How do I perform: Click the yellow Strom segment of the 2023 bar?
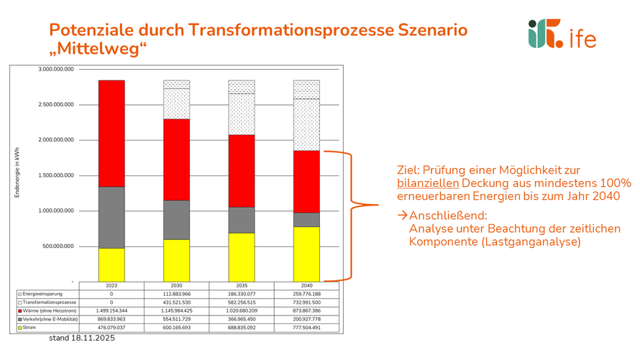pyautogui.click(x=111, y=264)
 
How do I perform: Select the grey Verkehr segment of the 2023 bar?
pyautogui.click(x=111, y=217)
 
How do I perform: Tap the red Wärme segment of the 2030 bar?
pyautogui.click(x=176, y=159)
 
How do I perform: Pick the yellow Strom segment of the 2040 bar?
pyautogui.click(x=306, y=253)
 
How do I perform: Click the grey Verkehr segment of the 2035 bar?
pyautogui.click(x=242, y=220)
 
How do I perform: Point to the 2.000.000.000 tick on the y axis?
pyautogui.click(x=61, y=140)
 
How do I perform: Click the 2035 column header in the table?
pyautogui.click(x=242, y=285)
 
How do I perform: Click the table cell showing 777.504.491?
pyautogui.click(x=306, y=328)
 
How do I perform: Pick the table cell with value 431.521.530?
pyautogui.click(x=176, y=303)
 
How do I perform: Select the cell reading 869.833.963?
pyautogui.click(x=111, y=319)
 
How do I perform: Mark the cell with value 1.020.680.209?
pyautogui.click(x=242, y=310)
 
